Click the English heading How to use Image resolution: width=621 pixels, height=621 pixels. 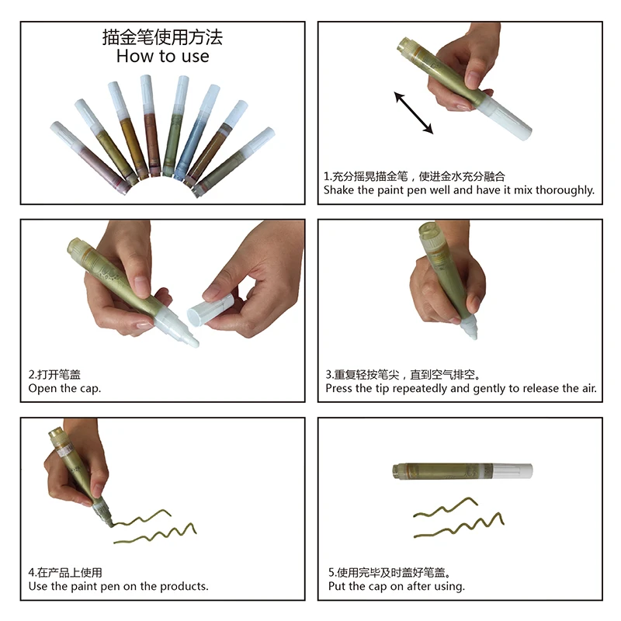point(162,56)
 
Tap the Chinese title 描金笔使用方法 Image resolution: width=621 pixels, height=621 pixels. point(162,37)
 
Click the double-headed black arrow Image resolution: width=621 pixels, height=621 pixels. point(413,113)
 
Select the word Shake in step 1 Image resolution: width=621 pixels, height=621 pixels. point(339,189)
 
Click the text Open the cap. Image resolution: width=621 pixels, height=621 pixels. point(64,388)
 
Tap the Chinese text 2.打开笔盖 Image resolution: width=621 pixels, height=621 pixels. point(54,374)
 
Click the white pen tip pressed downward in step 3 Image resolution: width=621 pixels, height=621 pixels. point(471,331)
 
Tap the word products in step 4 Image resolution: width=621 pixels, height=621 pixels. point(184,586)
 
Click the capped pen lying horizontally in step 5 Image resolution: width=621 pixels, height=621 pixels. point(462,470)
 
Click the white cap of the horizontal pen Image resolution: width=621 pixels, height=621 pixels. point(512,470)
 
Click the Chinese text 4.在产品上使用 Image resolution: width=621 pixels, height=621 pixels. point(65,572)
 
